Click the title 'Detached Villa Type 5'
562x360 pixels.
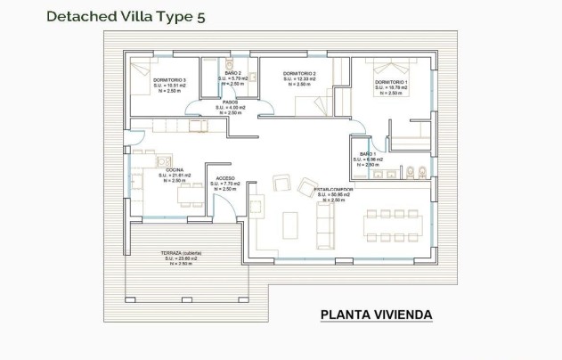(x=125, y=15)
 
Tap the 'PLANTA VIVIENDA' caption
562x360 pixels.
(x=376, y=315)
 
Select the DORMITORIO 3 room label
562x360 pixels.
(x=168, y=80)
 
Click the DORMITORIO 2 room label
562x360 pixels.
(x=300, y=74)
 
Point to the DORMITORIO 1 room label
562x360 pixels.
(x=391, y=83)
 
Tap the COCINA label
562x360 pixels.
(x=175, y=168)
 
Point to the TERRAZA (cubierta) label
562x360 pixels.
(x=181, y=253)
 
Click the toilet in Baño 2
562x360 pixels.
(x=228, y=66)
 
